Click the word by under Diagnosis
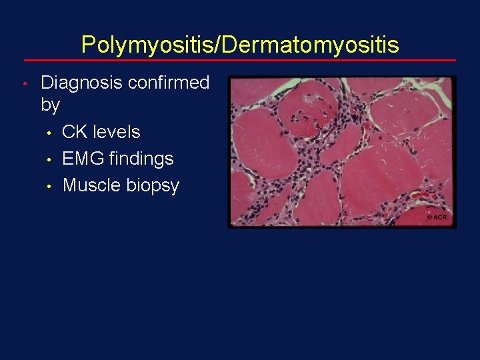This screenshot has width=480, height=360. (x=51, y=105)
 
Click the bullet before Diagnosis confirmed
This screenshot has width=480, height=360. (x=23, y=84)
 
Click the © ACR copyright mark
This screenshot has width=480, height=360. (x=437, y=218)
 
